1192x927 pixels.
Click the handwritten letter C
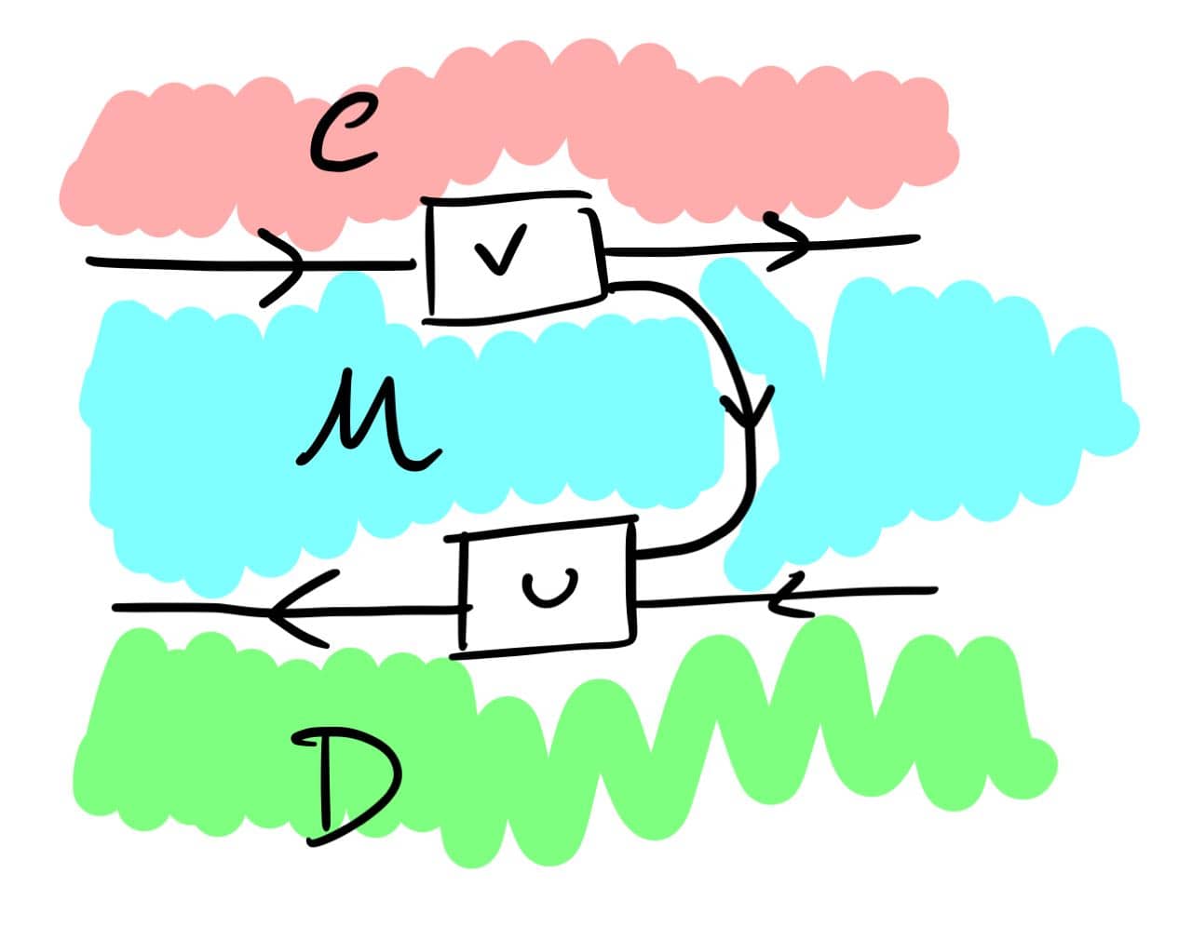(342, 140)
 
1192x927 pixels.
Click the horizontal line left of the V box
(186, 262)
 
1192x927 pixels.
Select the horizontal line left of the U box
(186, 609)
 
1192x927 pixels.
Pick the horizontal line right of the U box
(866, 592)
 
